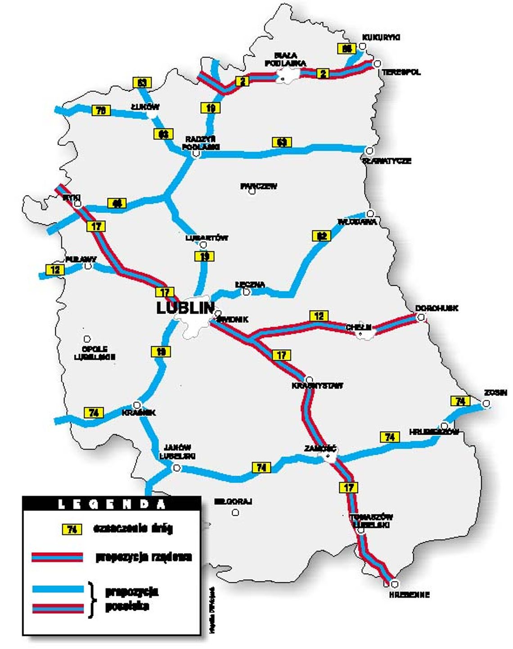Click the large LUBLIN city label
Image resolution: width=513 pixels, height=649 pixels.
(185, 308)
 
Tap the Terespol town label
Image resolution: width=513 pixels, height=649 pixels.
(401, 72)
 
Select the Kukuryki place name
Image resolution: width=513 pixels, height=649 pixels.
(381, 37)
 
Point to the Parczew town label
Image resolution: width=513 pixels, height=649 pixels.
(258, 186)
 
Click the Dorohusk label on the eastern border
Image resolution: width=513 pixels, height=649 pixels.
(436, 308)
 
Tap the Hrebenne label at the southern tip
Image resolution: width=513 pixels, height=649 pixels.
(409, 595)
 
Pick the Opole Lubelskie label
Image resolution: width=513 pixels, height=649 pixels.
(94, 353)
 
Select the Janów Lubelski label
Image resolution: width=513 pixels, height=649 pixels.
(177, 451)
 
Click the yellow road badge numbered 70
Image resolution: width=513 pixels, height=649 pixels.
(101, 110)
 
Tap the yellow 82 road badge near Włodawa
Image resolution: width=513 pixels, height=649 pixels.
(321, 236)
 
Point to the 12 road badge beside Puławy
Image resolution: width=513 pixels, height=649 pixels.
(55, 270)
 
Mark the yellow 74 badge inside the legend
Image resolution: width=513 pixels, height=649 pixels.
(72, 529)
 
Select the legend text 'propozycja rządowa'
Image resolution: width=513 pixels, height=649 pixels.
(144, 557)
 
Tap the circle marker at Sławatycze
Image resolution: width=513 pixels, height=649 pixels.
(369, 151)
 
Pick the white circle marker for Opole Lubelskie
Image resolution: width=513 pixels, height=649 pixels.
(87, 339)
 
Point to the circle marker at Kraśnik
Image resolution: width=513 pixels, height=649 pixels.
(137, 405)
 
